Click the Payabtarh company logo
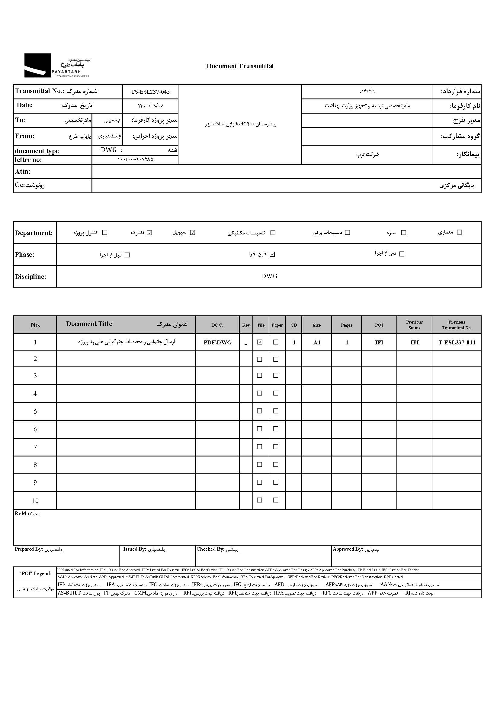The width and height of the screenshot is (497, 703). [x=57, y=66]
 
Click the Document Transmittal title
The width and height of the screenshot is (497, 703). [x=240, y=66]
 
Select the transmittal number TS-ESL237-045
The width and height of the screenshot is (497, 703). [x=150, y=92]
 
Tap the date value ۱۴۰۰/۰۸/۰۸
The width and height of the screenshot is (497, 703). [x=151, y=106]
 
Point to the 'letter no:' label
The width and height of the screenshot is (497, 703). [x=28, y=160]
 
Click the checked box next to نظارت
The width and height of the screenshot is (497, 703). [x=149, y=233]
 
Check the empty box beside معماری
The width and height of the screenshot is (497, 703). [x=459, y=232]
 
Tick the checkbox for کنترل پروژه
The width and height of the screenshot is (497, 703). [x=105, y=233]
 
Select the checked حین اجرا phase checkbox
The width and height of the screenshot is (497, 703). [x=272, y=254]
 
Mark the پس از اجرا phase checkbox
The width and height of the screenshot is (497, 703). [x=402, y=254]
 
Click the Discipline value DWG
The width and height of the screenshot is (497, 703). [x=269, y=276]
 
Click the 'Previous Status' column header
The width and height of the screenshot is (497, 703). [x=414, y=325]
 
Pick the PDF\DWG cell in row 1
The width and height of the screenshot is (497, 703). [x=218, y=343]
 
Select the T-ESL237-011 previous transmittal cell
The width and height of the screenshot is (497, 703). [x=457, y=343]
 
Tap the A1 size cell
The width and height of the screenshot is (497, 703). [x=317, y=343]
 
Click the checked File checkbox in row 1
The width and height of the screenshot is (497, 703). [x=260, y=342]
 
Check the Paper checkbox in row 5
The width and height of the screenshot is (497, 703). [x=276, y=411]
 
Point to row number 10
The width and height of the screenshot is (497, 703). [x=35, y=501]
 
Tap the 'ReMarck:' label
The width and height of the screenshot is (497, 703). [x=27, y=514]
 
